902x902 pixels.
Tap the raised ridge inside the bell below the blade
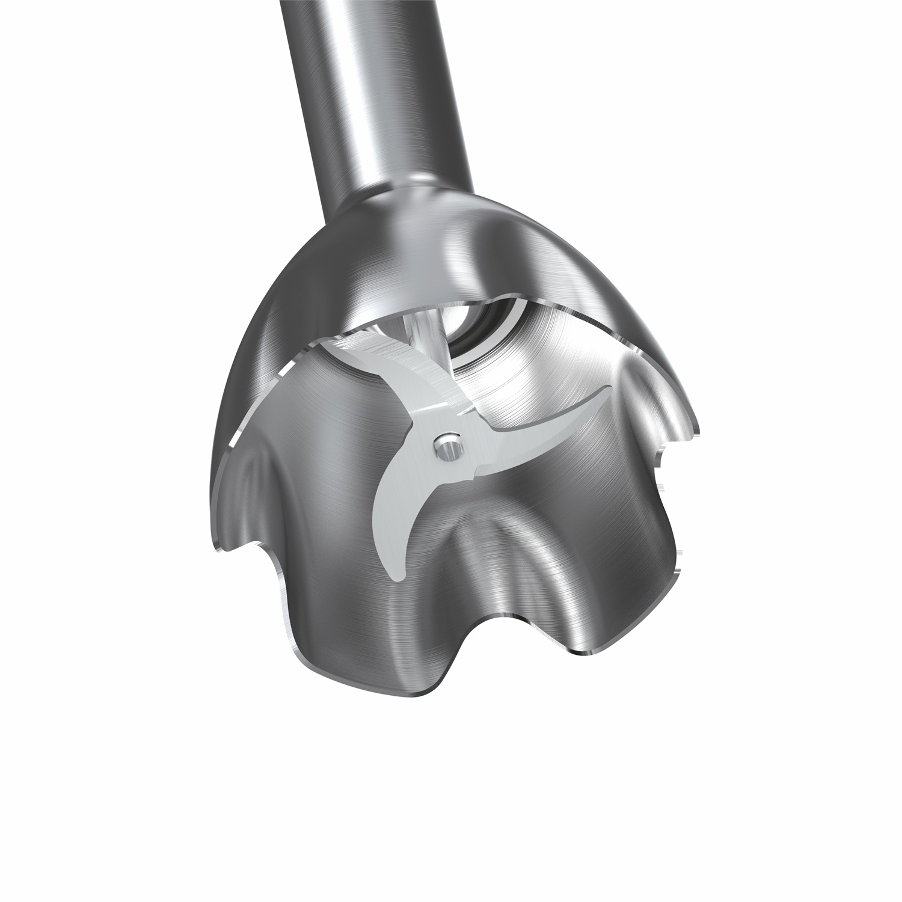505,529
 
